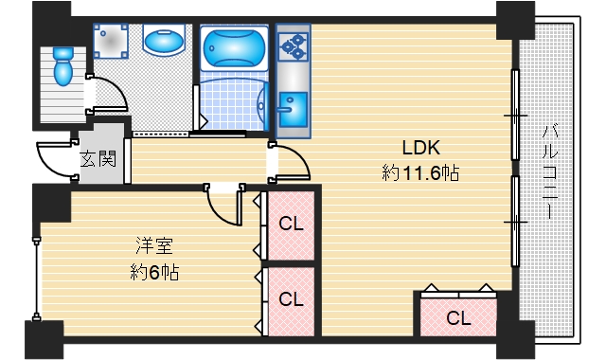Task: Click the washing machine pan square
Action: pos(112,42)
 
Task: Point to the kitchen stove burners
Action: pos(293,43)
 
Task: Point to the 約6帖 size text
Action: pos(154,273)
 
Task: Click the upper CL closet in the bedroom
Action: pos(291,225)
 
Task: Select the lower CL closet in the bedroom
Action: pos(291,299)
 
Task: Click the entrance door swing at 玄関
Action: pos(54,156)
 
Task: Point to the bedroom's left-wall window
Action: pos(37,275)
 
